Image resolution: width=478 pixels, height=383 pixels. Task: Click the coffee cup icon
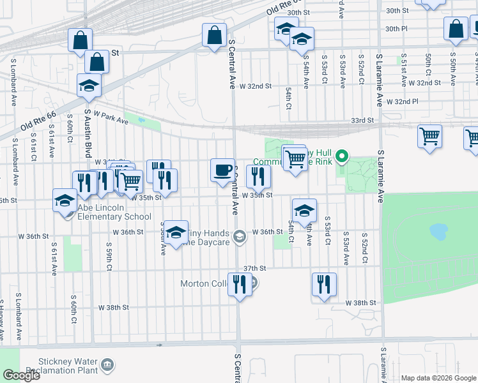[222, 170]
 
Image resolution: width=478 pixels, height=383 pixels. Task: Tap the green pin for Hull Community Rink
[342, 155]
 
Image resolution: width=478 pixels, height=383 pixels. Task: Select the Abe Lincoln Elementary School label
[114, 212]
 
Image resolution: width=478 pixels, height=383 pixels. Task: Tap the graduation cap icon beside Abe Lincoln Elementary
[65, 201]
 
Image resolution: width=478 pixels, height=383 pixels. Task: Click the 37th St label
[254, 269]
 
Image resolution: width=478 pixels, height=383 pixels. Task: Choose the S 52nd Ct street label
[360, 70]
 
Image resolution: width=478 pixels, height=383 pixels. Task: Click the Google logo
[21, 375]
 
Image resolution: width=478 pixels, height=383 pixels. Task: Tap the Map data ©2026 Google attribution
[438, 378]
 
